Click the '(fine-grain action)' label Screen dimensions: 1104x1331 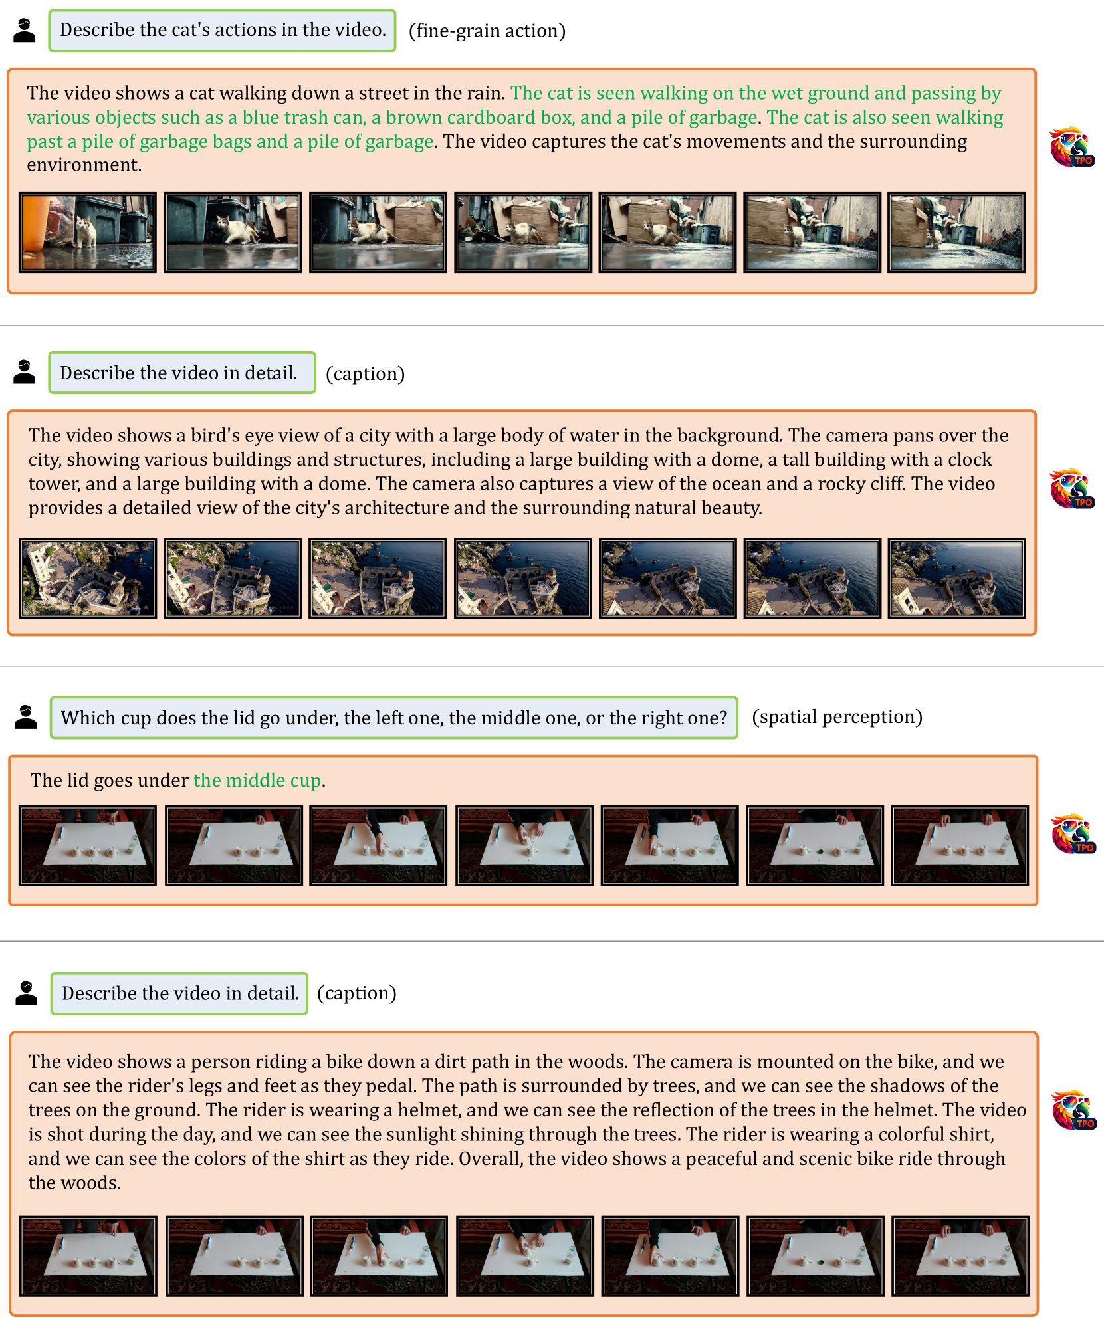click(487, 31)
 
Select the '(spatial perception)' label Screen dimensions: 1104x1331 click(837, 717)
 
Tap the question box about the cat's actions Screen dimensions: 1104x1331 click(222, 31)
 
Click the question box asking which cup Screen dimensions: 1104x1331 click(394, 718)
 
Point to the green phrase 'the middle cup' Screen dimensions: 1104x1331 click(257, 780)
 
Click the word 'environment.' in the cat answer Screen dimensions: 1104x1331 click(84, 165)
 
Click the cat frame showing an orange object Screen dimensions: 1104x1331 click(88, 233)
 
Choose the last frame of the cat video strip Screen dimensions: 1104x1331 click(956, 233)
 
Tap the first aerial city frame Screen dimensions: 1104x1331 click(88, 578)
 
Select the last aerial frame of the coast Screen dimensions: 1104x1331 click(957, 578)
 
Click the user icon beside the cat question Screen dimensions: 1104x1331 click(25, 31)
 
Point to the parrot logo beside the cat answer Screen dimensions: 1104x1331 click(1072, 147)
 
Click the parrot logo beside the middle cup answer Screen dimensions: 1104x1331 click(1073, 834)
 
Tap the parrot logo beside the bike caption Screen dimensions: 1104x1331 click(1074, 1110)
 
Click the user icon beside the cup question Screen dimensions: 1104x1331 click(26, 717)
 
